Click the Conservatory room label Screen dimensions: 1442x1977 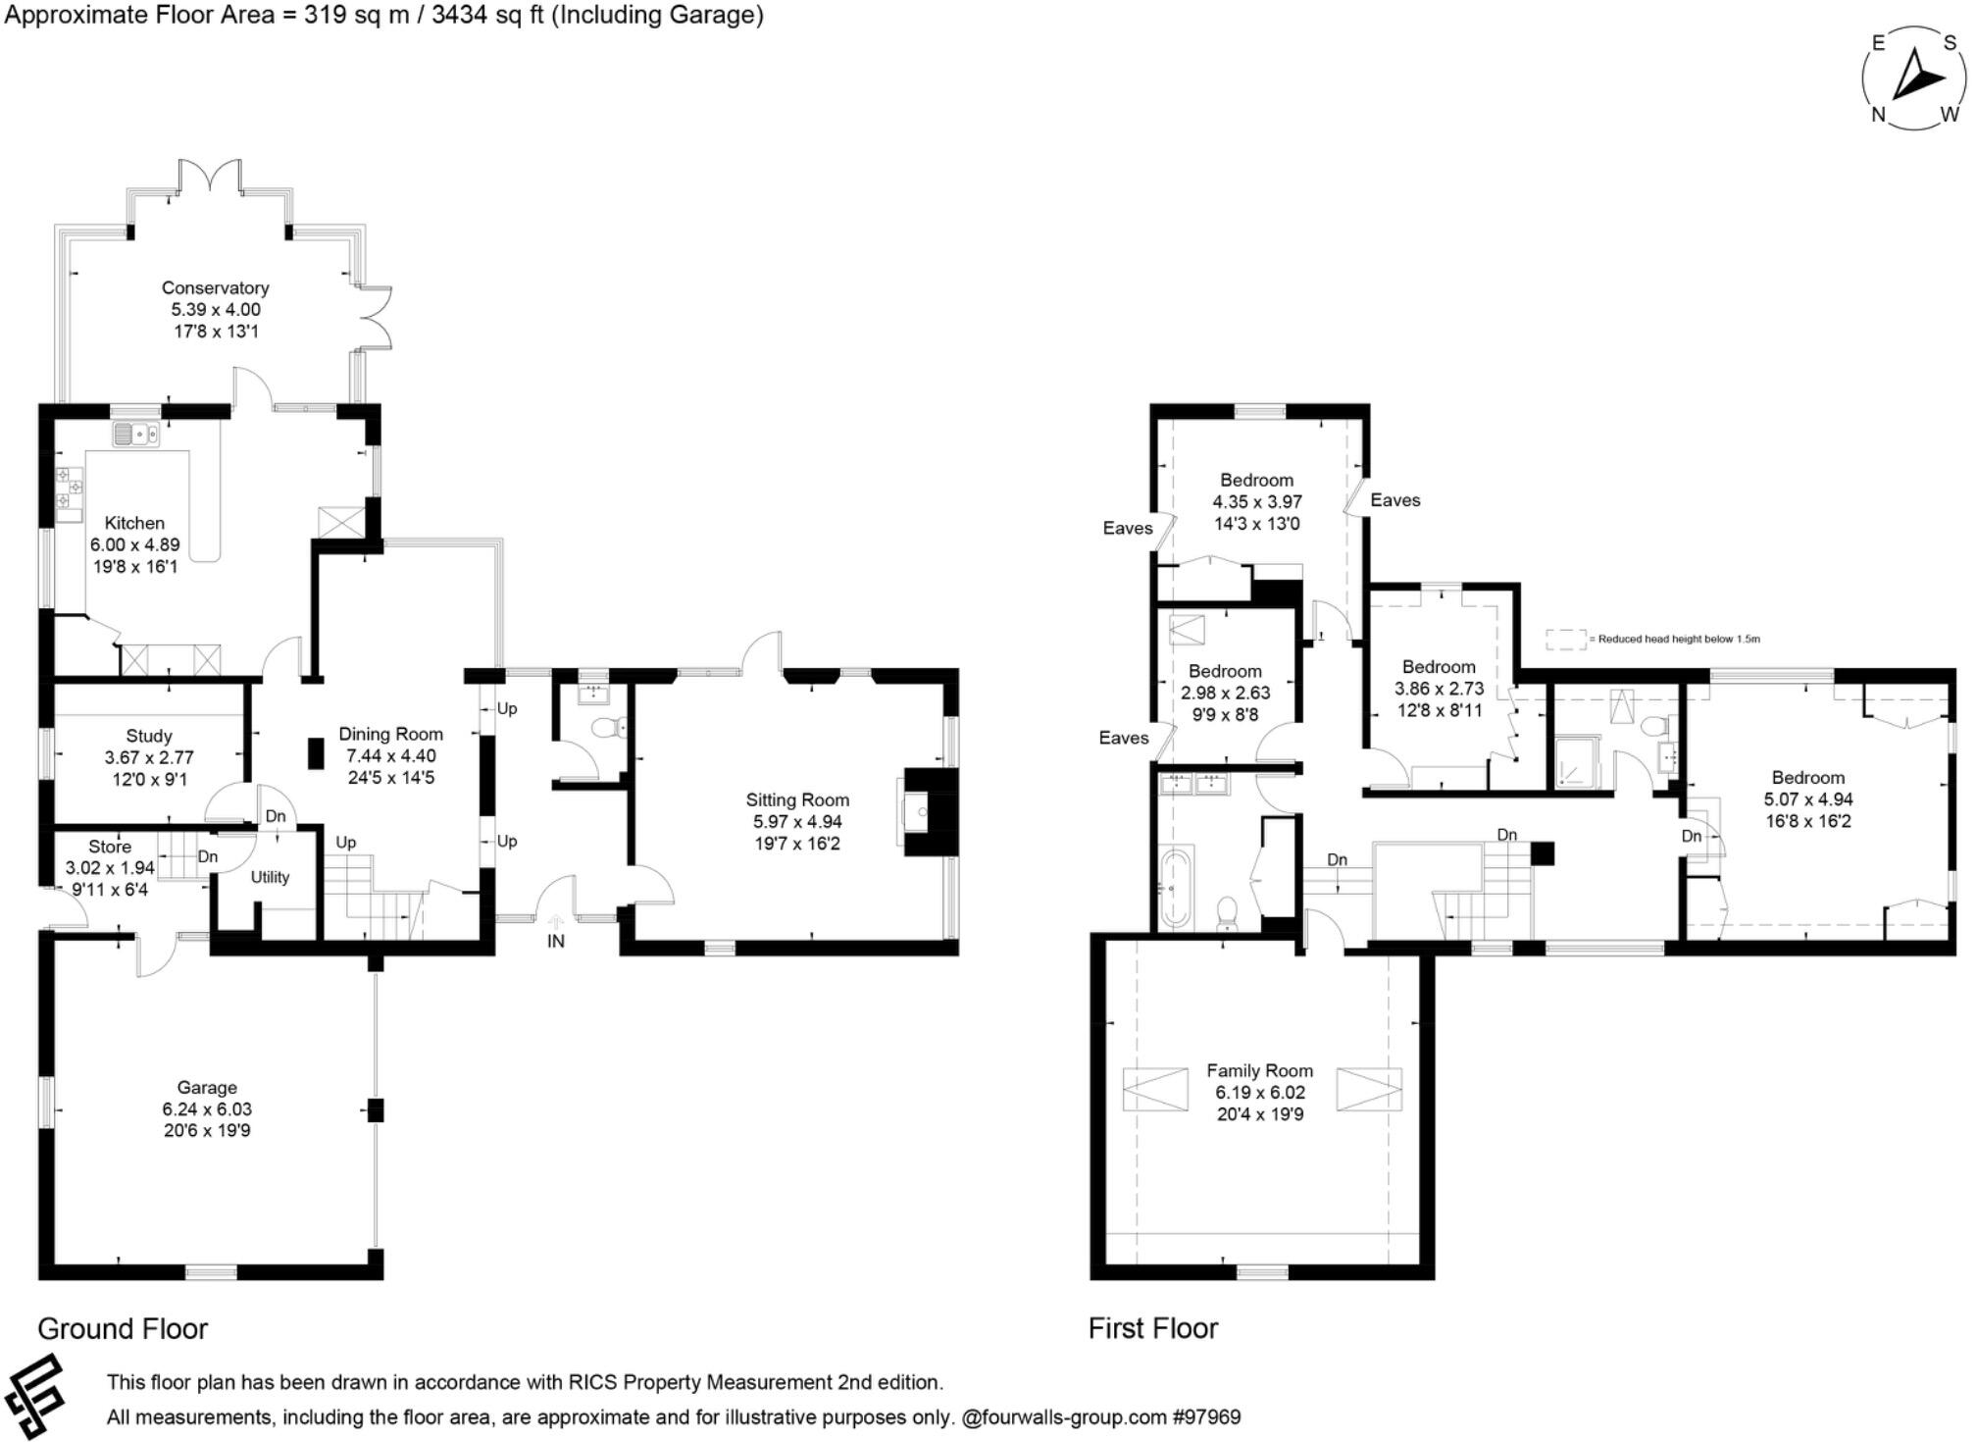point(215,287)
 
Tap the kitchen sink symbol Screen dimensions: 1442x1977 point(135,433)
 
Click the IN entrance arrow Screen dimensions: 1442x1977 point(556,923)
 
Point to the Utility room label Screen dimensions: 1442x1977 point(270,877)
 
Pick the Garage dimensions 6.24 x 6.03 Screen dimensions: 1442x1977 point(207,1109)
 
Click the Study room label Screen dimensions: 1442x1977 point(149,736)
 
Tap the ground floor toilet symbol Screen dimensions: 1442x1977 point(614,727)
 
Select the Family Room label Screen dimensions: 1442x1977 point(1259,1070)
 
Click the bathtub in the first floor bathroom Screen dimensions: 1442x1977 point(1174,888)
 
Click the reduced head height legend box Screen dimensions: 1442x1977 point(1566,640)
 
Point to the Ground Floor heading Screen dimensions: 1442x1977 point(123,1328)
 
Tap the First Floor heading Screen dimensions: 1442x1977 point(1152,1328)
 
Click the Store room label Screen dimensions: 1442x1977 point(110,847)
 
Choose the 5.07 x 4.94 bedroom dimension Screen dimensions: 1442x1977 point(1807,799)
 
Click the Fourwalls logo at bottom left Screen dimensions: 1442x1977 point(35,1397)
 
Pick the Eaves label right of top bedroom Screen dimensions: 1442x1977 point(1394,500)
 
